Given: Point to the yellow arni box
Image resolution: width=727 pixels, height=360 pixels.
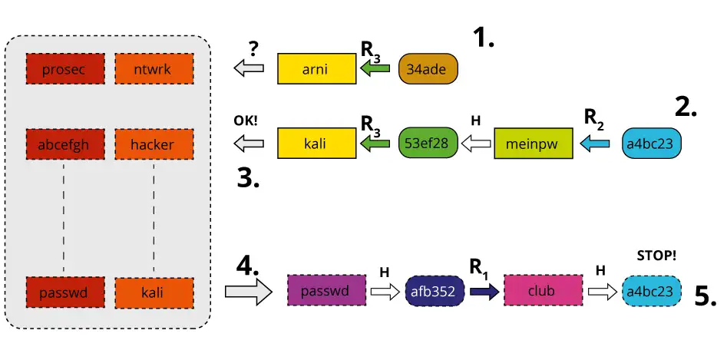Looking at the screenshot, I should [x=316, y=69].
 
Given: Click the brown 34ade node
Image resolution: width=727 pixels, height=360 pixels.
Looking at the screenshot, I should [x=428, y=69].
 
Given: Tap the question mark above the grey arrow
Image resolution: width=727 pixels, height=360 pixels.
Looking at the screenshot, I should [x=254, y=48].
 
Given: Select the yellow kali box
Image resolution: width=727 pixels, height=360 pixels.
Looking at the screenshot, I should [x=316, y=143].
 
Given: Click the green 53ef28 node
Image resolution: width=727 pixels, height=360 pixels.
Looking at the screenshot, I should [x=428, y=143].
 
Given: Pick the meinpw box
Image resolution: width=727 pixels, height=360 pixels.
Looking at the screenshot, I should [x=534, y=143].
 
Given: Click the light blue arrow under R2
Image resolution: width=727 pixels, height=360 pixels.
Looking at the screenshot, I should [x=595, y=143].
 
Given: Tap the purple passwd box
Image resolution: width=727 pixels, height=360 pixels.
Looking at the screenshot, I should [x=325, y=292].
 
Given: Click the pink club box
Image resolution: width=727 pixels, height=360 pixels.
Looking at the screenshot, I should [x=542, y=292].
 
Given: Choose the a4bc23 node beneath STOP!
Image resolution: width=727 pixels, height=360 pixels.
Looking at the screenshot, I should [x=652, y=292].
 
